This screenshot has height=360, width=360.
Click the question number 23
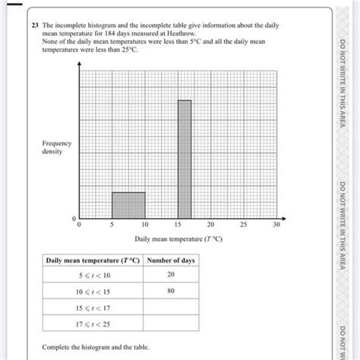35,24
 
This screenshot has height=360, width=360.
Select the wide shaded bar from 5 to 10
128,205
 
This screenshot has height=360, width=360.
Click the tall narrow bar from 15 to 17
185,159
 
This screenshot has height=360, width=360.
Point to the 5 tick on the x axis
112,225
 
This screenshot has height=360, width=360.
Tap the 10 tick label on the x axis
144,225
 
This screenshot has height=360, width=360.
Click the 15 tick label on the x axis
178,225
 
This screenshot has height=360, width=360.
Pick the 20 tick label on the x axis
210,225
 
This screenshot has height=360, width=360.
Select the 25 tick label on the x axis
244,225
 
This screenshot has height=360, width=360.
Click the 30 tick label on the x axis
277,225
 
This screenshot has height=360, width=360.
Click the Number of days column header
171,261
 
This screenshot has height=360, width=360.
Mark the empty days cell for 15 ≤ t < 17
171,308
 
